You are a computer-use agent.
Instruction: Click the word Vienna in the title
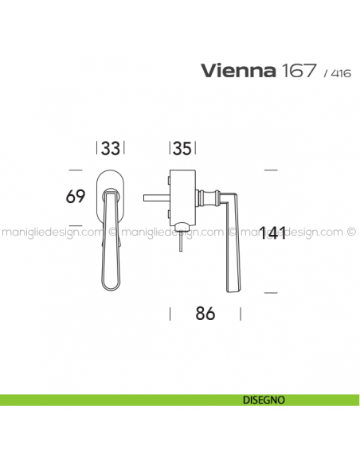[236, 72]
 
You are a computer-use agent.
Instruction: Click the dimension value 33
[112, 148]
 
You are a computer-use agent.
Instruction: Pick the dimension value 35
[182, 148]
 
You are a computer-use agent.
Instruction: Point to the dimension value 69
[76, 196]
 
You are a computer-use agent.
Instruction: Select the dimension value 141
[272, 233]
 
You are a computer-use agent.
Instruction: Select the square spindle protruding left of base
[155, 196]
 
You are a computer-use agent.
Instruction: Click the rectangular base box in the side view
[182, 196]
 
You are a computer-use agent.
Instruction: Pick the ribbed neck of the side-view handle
[210, 196]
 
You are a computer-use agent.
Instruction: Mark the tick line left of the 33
[96, 148]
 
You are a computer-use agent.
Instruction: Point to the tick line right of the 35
[196, 148]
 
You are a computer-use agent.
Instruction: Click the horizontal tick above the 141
[270, 170]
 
